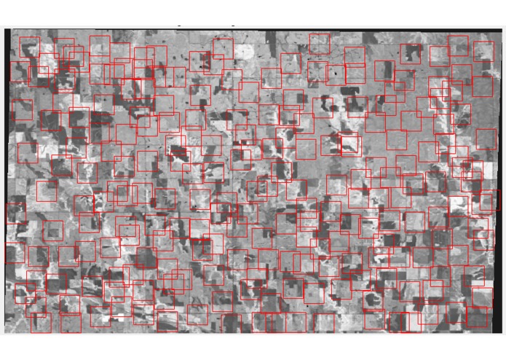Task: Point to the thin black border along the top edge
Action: pos(255,29)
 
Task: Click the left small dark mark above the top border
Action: pos(178,26)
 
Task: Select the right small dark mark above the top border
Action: pos(233,26)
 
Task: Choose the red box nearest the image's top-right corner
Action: pos(483,51)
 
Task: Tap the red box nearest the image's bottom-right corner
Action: pos(478,318)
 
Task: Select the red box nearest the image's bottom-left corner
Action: pos(41,323)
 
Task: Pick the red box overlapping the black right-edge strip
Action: pos(489,200)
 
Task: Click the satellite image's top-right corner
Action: pos(502,28)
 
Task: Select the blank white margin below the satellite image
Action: pos(255,347)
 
